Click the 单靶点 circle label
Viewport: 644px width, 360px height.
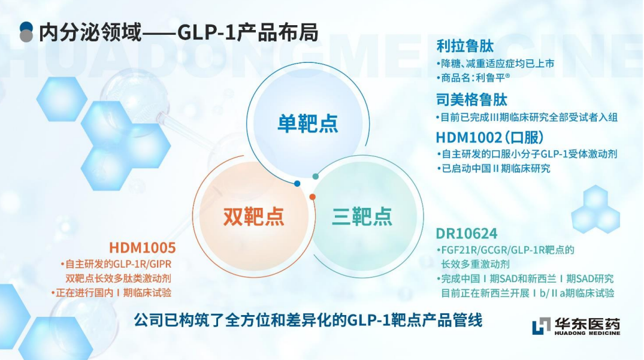coord(308,123)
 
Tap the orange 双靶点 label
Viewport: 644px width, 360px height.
coord(253,216)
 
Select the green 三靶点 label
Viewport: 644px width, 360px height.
coord(362,216)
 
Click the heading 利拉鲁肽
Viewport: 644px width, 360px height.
coord(465,46)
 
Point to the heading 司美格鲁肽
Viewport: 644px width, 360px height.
coord(471,100)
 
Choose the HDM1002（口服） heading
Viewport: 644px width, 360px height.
coord(489,137)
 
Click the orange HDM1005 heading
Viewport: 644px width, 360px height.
coord(142,247)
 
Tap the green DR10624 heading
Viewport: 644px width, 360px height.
coord(467,234)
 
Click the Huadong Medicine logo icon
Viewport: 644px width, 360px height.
coord(541,325)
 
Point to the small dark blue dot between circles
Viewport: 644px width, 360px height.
coord(297,183)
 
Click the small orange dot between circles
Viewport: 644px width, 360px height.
coord(313,197)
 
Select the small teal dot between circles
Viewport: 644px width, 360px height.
coord(316,177)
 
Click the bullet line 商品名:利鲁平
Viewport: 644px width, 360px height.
coord(473,78)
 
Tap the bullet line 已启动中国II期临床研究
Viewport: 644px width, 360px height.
coord(494,168)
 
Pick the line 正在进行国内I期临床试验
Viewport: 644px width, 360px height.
coord(111,293)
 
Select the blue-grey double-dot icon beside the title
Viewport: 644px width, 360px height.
coord(26,32)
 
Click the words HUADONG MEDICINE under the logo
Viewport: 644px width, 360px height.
coord(587,333)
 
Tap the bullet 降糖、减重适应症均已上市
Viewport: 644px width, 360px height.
coord(496,63)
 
